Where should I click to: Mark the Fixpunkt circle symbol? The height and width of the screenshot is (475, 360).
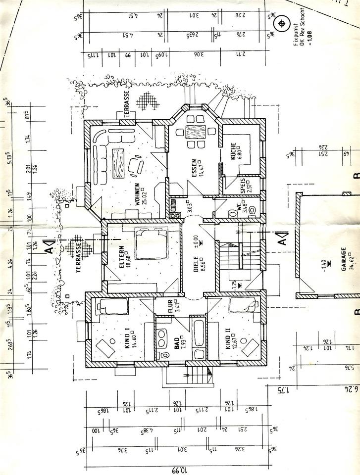pyautogui.click(x=282, y=23)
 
